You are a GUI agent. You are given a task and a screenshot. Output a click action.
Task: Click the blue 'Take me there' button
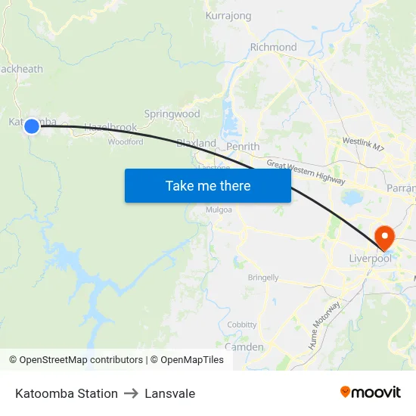207,185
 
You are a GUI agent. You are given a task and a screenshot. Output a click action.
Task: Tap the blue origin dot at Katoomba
32,126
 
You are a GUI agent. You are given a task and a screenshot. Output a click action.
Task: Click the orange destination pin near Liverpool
384,237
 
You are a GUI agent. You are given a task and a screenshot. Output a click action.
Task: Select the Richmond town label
273,47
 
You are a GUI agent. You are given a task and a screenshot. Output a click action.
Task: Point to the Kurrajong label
228,14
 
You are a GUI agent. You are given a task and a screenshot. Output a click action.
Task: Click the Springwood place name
172,114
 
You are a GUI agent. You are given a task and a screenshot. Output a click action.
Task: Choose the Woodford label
126,141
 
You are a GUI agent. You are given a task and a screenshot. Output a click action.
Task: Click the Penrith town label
243,147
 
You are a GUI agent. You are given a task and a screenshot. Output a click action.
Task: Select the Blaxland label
196,143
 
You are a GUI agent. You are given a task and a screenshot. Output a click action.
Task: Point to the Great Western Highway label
306,173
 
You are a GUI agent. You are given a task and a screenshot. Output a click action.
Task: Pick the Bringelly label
263,278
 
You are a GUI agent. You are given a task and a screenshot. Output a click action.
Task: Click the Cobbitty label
242,324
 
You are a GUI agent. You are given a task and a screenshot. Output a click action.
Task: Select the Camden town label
244,347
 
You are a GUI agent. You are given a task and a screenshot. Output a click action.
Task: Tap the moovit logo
370,393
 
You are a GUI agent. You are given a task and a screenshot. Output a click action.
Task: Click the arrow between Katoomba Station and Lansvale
129,393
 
